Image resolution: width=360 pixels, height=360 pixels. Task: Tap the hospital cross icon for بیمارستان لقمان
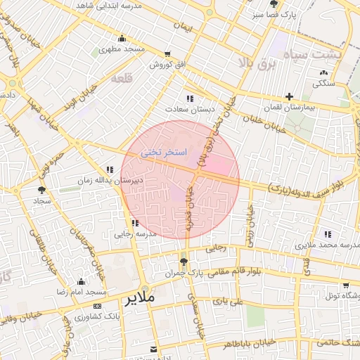pyautogui.click(x=289, y=96)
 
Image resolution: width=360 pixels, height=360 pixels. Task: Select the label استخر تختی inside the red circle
pyautogui.click(x=162, y=151)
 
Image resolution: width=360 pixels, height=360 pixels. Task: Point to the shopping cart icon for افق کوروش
pyautogui.click(x=167, y=54)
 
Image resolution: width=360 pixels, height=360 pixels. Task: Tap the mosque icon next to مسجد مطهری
pyautogui.click(x=122, y=39)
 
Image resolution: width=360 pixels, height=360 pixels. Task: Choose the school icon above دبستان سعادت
pyautogui.click(x=190, y=98)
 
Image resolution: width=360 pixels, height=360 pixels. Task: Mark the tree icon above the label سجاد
pyautogui.click(x=41, y=190)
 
